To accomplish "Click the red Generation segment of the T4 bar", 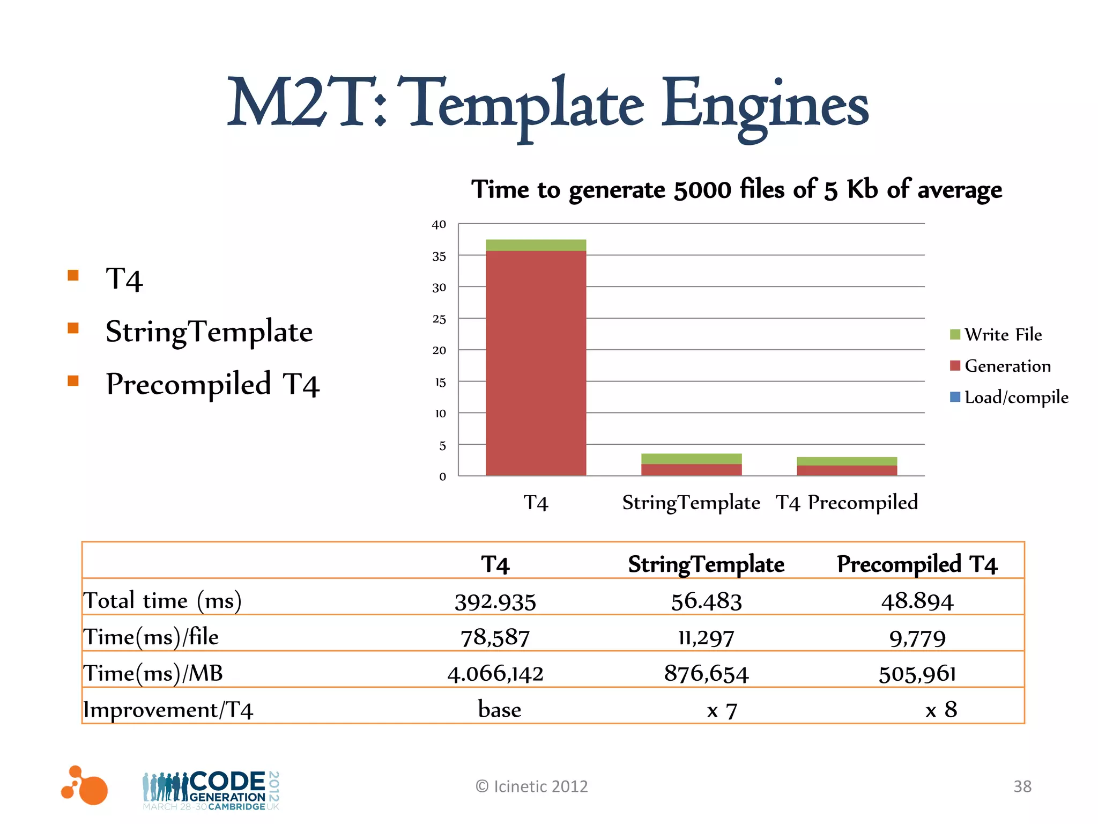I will [x=536, y=363].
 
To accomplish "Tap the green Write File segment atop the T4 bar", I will [x=536, y=245].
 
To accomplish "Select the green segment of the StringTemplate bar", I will [x=691, y=459].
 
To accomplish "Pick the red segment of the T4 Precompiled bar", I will [x=847, y=470].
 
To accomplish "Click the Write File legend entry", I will [x=996, y=335].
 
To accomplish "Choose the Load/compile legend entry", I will [x=1009, y=398].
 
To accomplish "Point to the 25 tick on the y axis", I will [x=439, y=319].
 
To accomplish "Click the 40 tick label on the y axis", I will [x=439, y=225].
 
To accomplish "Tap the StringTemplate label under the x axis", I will [x=691, y=503].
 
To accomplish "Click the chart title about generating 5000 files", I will [x=736, y=190].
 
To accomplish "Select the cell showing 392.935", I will [x=495, y=601].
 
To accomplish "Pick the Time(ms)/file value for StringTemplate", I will [x=706, y=638].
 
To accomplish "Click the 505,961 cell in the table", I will [x=917, y=674].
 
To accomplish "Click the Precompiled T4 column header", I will [x=917, y=564].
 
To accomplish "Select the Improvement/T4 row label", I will [x=168, y=710].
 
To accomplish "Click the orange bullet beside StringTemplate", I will [x=73, y=328].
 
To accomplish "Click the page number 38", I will [x=1022, y=786].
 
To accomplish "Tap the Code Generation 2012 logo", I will [x=211, y=790].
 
